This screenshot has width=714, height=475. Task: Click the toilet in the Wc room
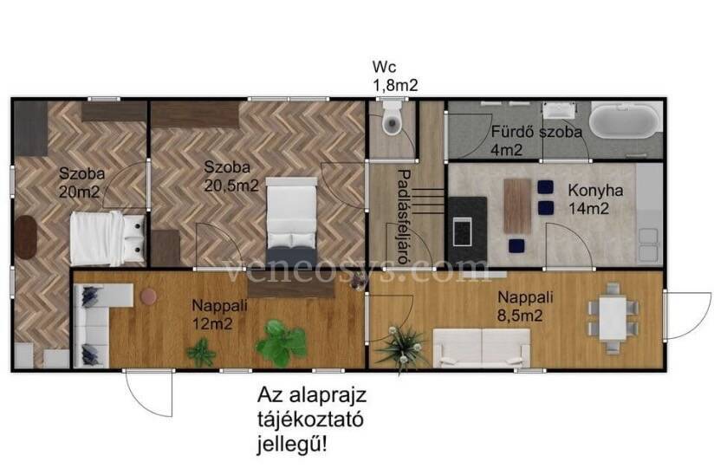392,118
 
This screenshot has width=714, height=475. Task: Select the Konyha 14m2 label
594,199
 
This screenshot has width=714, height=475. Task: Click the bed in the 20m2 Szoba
107,238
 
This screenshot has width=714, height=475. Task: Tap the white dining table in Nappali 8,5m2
613,317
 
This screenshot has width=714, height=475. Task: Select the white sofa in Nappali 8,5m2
481,348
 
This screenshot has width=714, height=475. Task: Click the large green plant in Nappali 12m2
281,342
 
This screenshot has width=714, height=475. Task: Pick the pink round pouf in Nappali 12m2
148,296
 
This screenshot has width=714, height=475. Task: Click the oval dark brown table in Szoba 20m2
26,237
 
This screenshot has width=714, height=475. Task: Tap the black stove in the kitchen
468,231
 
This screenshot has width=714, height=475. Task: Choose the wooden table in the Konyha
517,205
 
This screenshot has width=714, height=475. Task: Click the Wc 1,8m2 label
395,76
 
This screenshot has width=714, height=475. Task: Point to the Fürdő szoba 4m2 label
536,140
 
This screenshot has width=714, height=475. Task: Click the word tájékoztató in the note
310,420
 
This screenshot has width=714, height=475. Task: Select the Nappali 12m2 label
219,314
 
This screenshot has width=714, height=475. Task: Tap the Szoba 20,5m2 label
230,176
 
